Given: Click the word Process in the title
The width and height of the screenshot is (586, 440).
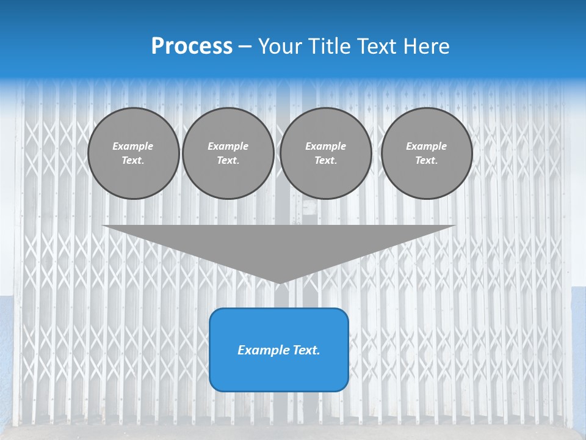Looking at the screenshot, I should [x=192, y=46].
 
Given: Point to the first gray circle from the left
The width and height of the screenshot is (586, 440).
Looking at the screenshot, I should [x=133, y=153].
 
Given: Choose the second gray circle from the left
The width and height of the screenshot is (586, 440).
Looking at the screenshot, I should [x=228, y=153].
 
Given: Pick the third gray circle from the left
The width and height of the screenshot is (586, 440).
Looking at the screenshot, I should [x=325, y=153].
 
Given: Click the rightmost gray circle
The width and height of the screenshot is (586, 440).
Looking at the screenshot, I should [x=426, y=153].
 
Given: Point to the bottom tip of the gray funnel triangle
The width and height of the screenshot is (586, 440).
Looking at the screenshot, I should [x=279, y=282].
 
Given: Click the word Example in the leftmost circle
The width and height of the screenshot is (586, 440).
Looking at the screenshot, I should [x=133, y=146].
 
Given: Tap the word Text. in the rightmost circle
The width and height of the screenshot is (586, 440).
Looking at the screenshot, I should [x=426, y=161].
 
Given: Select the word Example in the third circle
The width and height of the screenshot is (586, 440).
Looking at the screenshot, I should [x=325, y=146].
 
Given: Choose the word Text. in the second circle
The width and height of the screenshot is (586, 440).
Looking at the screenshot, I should [x=228, y=161].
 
